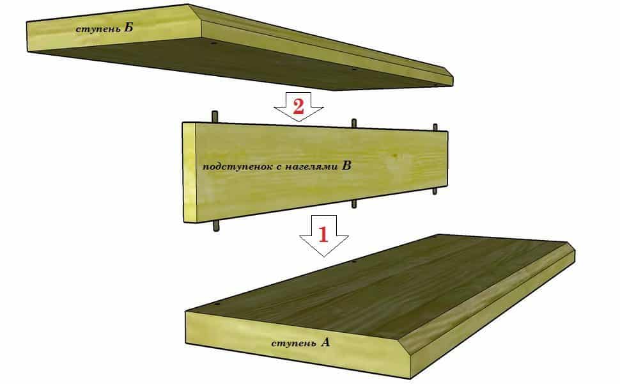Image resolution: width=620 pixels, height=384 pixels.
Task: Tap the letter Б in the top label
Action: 128,28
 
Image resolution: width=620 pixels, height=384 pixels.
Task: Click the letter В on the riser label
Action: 346,165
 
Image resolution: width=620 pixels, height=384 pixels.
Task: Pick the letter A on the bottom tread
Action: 325,342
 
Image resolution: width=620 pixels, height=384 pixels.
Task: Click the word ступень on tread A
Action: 294,343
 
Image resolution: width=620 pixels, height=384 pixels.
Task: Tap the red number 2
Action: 298,106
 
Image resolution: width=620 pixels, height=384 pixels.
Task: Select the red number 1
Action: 323,234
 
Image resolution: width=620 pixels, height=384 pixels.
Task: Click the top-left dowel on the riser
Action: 215,117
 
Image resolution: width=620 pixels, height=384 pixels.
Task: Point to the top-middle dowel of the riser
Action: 354,123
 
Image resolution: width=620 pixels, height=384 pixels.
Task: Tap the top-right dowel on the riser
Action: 435,127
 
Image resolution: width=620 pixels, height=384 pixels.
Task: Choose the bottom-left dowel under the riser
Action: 216,226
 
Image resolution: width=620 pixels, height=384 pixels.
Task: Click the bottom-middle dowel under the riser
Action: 354,204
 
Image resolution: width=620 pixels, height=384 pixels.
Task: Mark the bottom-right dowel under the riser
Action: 435,191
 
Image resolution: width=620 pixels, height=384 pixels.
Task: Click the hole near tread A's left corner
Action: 217,305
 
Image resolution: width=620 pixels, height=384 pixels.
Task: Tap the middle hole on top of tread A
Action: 353,262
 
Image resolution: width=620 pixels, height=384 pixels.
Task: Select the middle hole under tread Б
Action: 354,69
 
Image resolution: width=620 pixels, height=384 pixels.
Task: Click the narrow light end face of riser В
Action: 189,172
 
